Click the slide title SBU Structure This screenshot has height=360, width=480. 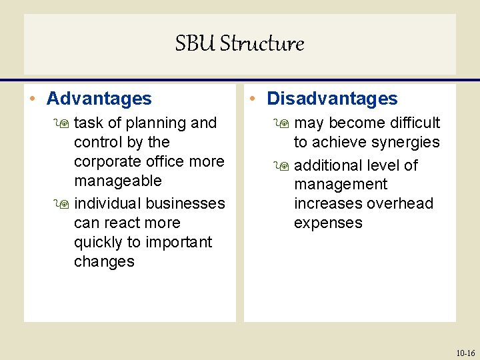(239, 44)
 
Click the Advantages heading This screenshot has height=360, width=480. (99, 99)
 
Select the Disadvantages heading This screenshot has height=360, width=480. (331, 99)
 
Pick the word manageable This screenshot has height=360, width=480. (117, 181)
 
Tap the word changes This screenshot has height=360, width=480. (104, 261)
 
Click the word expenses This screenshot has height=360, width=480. (328, 223)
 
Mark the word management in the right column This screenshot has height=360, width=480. (340, 184)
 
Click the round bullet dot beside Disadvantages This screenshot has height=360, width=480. (257, 99)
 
